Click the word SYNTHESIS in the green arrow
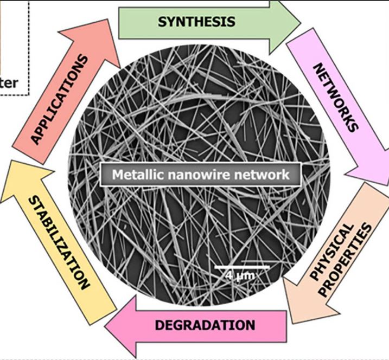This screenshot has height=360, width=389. click(196, 22)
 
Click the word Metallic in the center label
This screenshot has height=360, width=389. click(135, 175)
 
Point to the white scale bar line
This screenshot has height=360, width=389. click(242, 267)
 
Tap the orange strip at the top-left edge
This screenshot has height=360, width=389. click(1, 38)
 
